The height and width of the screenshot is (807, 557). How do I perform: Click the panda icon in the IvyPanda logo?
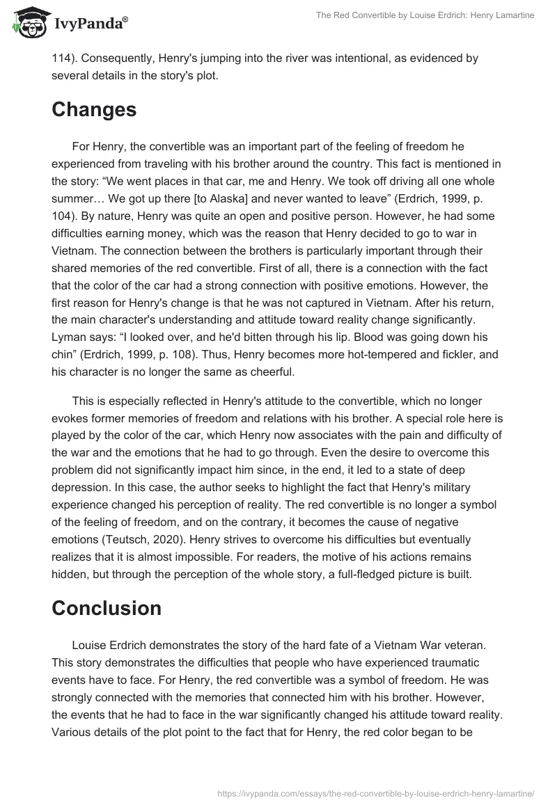tap(28, 23)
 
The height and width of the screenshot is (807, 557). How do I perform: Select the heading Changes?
tap(94, 109)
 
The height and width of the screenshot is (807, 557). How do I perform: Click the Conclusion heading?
tap(107, 607)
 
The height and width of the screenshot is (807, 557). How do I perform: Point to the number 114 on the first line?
tap(61, 58)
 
